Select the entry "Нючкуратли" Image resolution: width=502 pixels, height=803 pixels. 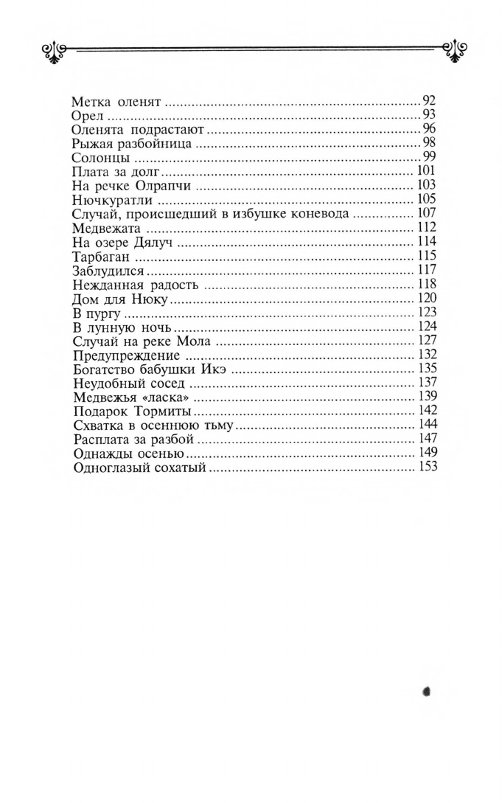coord(112,200)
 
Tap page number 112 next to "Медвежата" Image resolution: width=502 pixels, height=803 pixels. coord(427,227)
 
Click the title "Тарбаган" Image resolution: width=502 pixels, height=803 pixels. coord(102,256)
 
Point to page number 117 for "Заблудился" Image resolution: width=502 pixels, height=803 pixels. coord(427,269)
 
